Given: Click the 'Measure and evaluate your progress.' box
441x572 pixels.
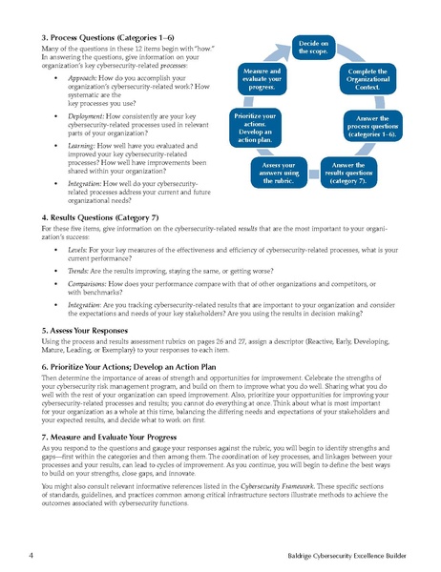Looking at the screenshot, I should pos(261,77).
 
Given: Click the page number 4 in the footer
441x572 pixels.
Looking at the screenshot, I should pos(31,554).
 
